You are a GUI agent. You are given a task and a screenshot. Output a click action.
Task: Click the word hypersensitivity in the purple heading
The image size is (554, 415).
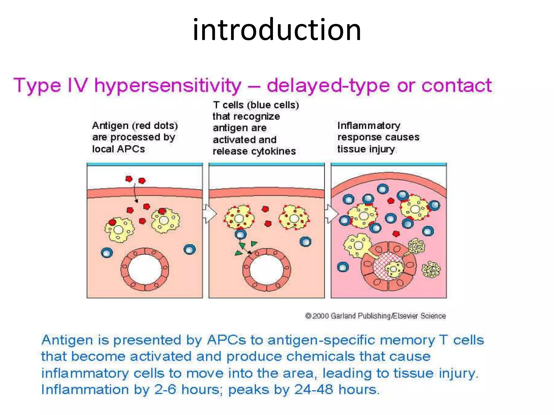(x=168, y=86)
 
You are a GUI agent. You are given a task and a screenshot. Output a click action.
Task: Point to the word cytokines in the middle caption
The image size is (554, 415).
(x=273, y=151)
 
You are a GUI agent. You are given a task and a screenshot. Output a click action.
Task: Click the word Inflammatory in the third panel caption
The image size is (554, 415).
(x=369, y=126)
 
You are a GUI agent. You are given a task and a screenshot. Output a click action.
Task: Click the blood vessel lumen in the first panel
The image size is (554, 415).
(x=145, y=269)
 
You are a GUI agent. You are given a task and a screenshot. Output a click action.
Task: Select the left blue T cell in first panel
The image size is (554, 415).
(x=107, y=253)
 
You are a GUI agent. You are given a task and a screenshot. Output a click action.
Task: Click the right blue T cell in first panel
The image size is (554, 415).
(x=189, y=249)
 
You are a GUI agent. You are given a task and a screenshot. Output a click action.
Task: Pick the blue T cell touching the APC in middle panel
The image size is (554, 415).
(x=240, y=234)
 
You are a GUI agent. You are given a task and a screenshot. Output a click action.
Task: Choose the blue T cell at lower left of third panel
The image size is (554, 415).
(x=343, y=267)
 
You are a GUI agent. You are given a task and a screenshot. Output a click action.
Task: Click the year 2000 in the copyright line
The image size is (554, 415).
(x=321, y=316)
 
